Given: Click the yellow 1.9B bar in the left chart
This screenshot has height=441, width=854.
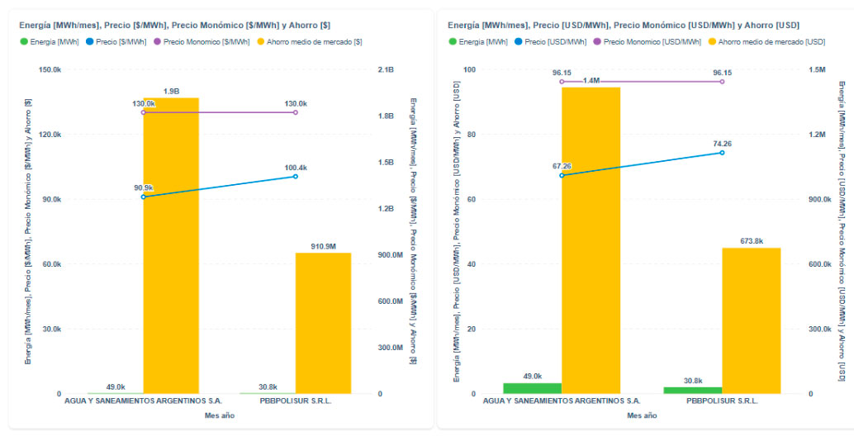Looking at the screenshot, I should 171,248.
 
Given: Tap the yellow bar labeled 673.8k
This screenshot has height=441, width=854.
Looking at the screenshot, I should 752,321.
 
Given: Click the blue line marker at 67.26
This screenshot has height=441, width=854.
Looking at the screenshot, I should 562,175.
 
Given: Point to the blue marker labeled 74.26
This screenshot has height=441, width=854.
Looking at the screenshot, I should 722,153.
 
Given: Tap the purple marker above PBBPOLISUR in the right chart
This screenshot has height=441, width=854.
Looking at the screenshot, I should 722,81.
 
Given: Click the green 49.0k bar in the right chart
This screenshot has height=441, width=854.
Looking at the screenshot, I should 532,388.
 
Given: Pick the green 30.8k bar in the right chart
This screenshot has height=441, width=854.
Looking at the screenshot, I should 693,390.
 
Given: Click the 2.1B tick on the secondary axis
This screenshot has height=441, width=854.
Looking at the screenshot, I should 386,70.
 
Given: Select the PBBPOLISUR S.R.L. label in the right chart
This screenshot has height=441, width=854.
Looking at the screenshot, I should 723,401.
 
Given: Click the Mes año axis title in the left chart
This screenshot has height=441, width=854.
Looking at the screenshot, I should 219,415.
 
